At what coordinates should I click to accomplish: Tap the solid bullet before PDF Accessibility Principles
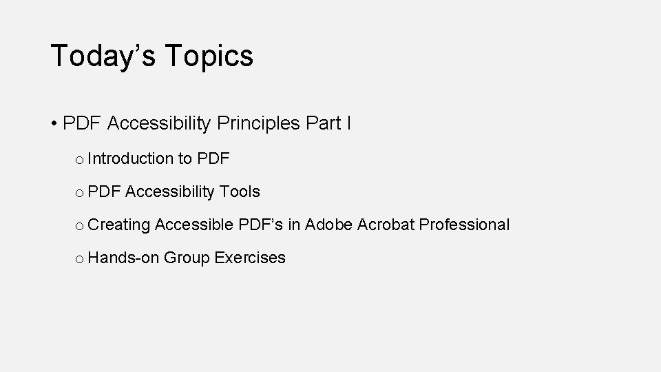(54, 124)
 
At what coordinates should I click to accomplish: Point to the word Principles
(258, 124)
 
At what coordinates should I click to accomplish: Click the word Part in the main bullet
(323, 124)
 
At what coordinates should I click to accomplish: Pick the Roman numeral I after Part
(349, 124)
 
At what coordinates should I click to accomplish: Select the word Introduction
(130, 159)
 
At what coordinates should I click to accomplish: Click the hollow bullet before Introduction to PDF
(80, 160)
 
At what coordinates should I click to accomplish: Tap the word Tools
(240, 192)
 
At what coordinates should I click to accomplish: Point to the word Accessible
(194, 225)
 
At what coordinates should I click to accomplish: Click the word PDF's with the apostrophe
(260, 225)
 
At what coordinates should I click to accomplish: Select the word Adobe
(328, 225)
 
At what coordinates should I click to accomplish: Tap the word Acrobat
(386, 225)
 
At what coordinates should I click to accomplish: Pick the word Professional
(465, 225)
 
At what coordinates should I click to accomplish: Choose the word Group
(187, 258)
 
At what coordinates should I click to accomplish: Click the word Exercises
(250, 258)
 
